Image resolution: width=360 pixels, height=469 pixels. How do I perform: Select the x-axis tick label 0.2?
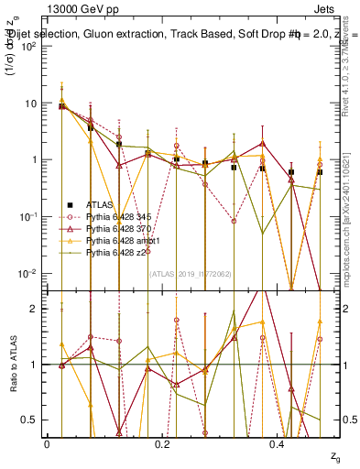[162, 443]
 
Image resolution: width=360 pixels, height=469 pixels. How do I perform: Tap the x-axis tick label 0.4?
[278, 443]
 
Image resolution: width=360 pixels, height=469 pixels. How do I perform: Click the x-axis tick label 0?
[47, 443]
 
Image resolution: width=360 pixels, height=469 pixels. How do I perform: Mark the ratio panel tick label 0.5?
[31, 420]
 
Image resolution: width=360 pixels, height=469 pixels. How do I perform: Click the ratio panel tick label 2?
[35, 310]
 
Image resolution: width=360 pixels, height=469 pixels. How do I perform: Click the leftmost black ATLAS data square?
[61, 106]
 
